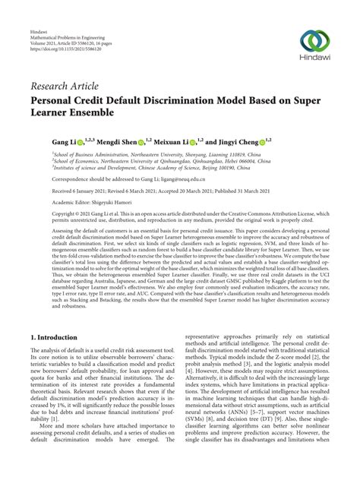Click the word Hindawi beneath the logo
click(x=312, y=61)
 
